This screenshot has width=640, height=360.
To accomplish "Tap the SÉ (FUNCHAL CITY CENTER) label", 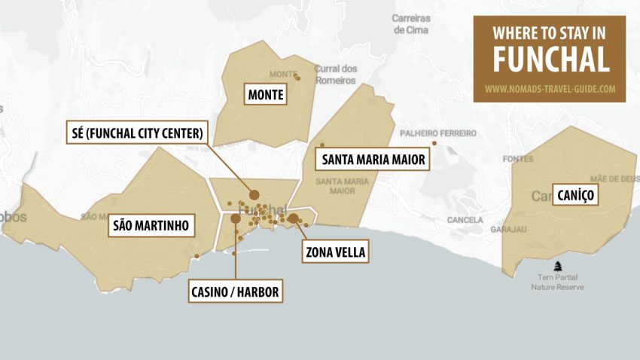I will pos(136,134).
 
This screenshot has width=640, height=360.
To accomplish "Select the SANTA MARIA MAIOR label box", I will pos(373,160).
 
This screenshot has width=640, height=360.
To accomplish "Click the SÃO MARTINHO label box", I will pos(150,225).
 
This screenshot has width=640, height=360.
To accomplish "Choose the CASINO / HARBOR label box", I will pos(236,291).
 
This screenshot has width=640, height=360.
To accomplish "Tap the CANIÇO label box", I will pos(577,196).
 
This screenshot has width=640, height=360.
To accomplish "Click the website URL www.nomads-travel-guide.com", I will pos(550,88).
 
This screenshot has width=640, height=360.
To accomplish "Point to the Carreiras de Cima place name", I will pos(410,24).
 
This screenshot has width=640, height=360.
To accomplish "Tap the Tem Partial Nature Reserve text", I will pos(557,282).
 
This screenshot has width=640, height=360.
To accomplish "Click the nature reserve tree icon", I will pos(558,265).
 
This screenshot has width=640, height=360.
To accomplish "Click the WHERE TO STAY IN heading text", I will pos(550,33).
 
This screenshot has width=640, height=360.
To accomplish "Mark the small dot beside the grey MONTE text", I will pos(297,78).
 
